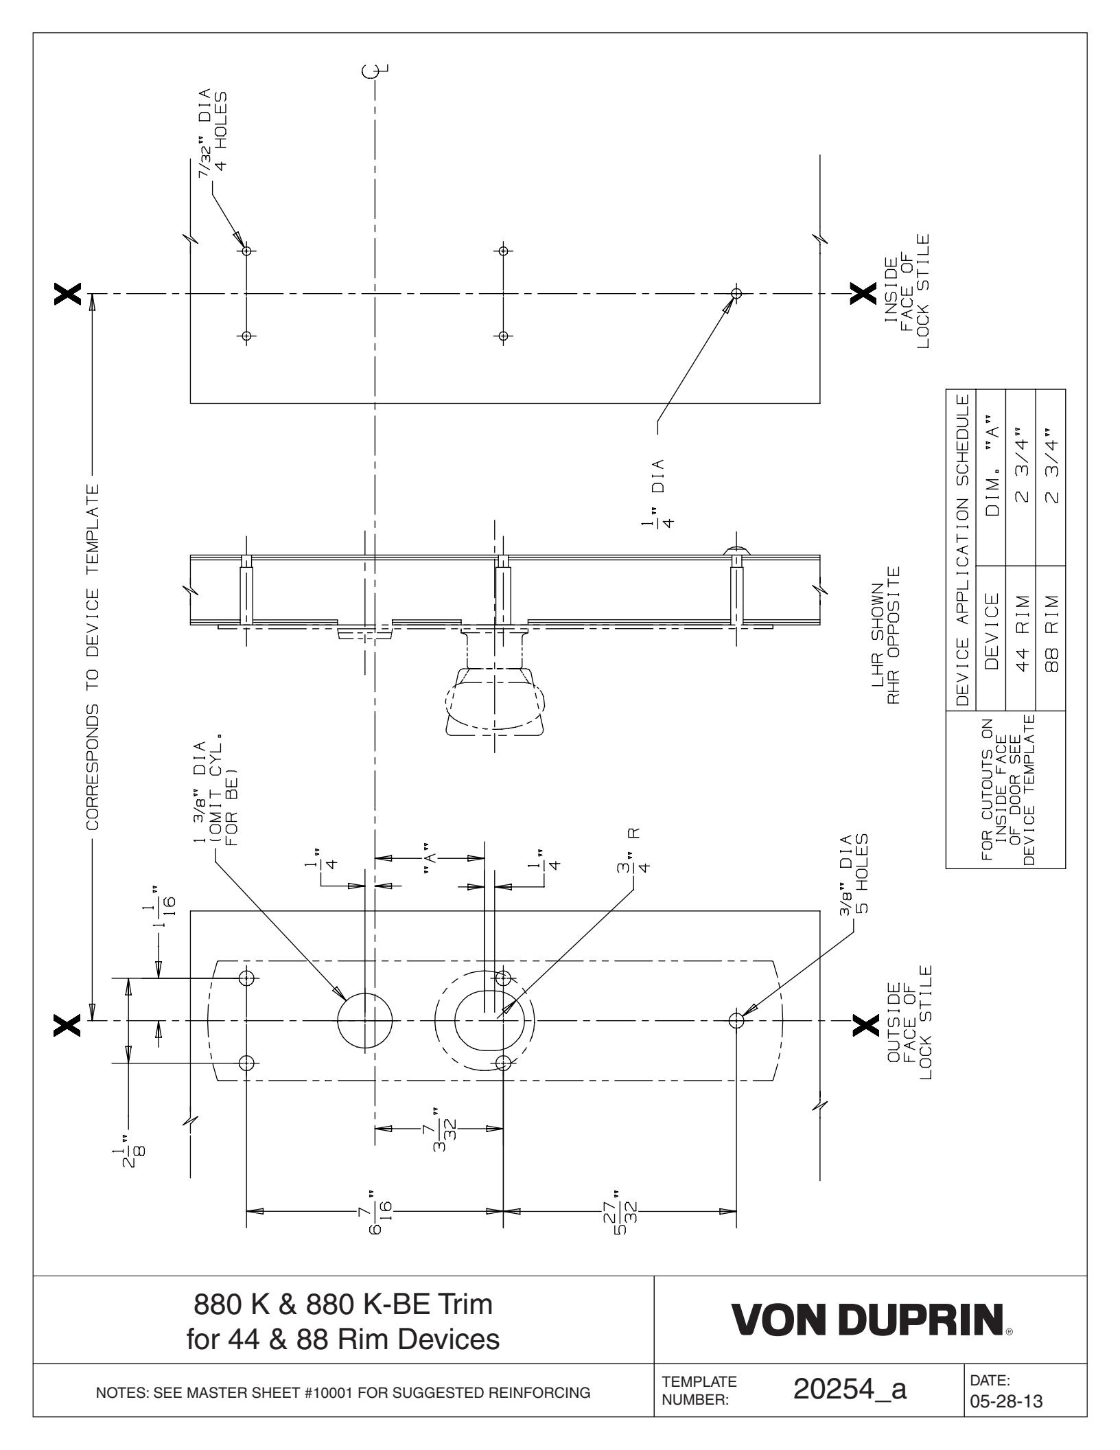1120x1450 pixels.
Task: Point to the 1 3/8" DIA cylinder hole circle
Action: pyautogui.click(x=366, y=1020)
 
